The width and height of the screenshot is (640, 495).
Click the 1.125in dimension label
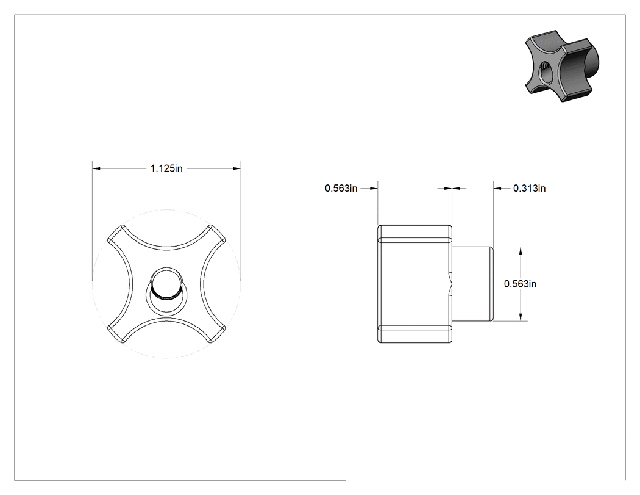[x=166, y=168]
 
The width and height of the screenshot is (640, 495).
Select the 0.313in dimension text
[x=530, y=189]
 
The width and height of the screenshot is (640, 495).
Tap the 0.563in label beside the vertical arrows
[x=521, y=284]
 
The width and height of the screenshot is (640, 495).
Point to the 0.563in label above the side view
[x=341, y=189]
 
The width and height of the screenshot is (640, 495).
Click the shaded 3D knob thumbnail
[x=561, y=66]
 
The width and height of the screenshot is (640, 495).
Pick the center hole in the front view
[x=166, y=291]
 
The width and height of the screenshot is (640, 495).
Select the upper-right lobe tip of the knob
[x=218, y=233]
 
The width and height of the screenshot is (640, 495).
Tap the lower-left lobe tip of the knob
[x=116, y=334]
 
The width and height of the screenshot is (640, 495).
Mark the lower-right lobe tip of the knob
[x=217, y=334]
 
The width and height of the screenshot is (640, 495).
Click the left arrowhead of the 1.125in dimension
[x=96, y=168]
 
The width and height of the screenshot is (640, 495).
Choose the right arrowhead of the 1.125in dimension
[x=236, y=168]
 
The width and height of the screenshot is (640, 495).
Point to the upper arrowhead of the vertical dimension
[x=521, y=251]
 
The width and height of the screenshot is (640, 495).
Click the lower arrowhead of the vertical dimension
[x=521, y=317]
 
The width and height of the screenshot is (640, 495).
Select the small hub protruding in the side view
[x=472, y=284]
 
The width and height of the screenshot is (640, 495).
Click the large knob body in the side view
[x=414, y=284]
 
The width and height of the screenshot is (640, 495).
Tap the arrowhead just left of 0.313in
[x=497, y=189]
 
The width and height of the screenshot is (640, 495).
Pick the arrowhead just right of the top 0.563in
[x=374, y=189]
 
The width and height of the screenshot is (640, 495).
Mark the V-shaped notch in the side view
[x=450, y=284]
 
